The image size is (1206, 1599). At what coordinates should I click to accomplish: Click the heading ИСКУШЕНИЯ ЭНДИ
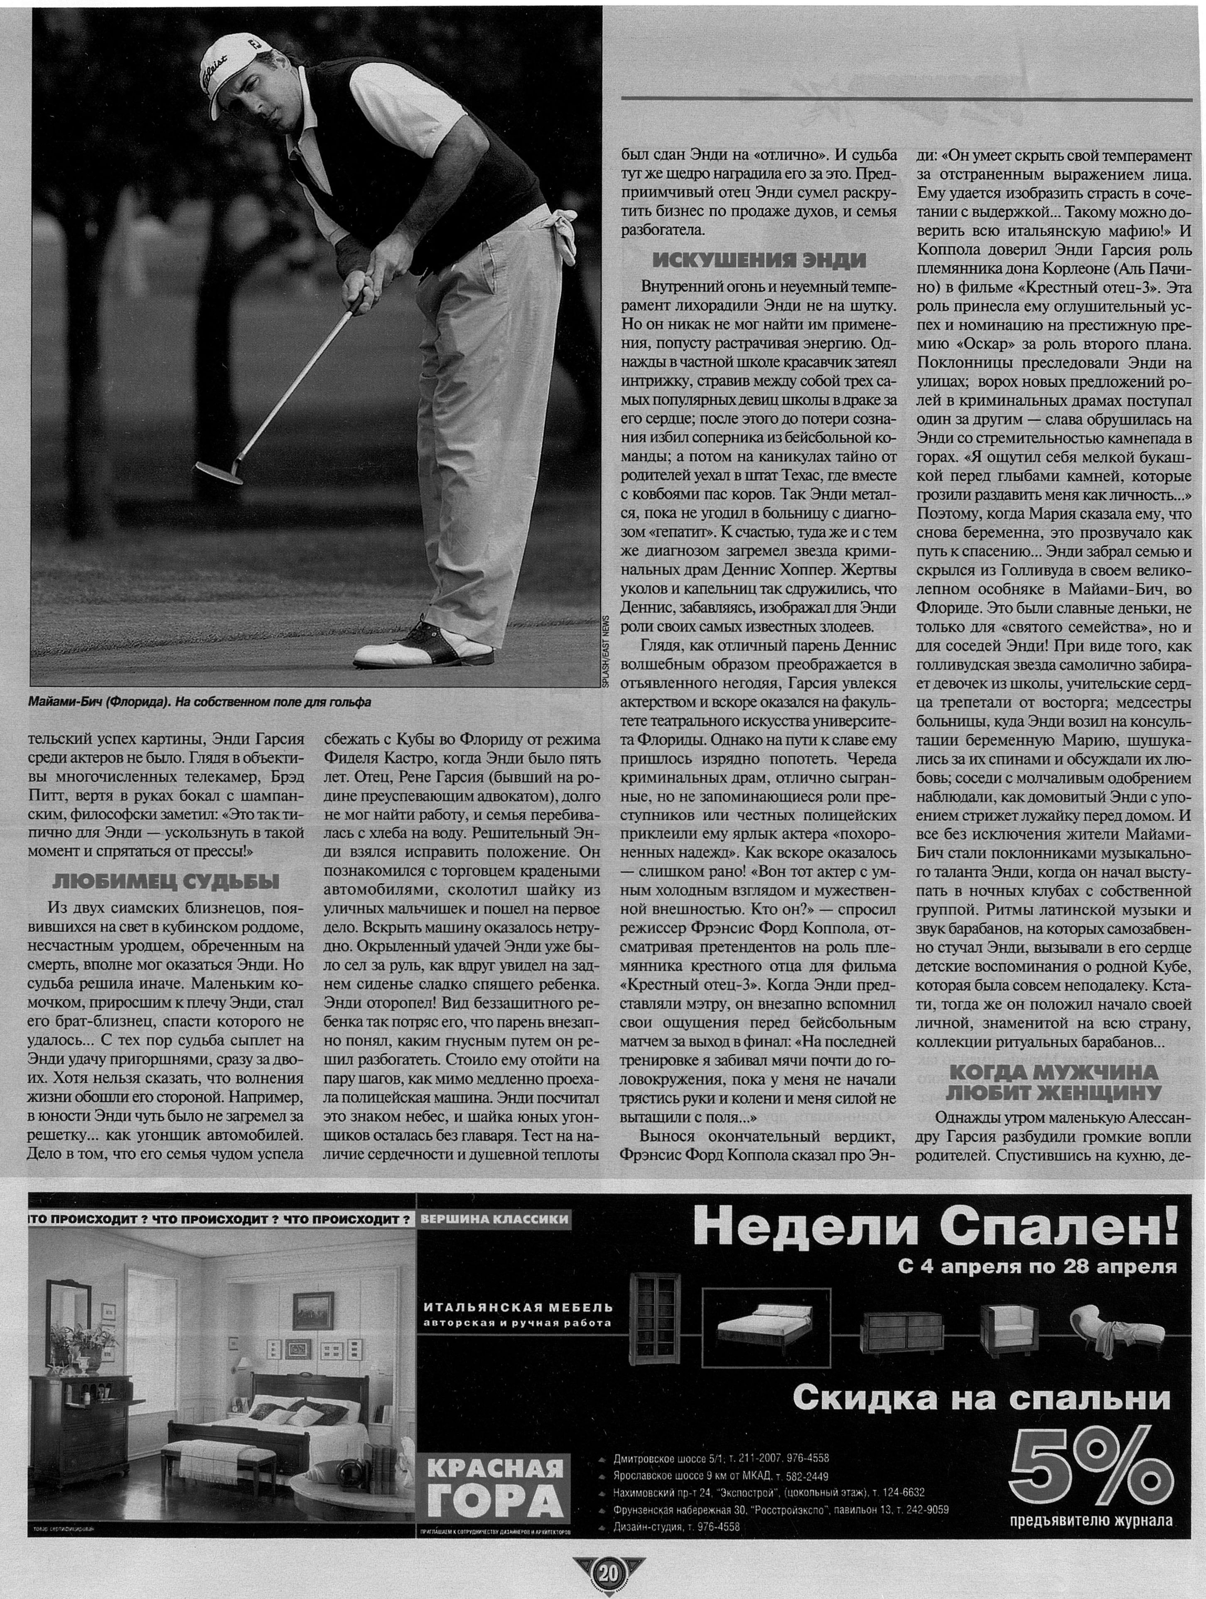[759, 260]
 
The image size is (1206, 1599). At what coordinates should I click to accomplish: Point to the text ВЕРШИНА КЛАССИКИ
[494, 1220]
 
